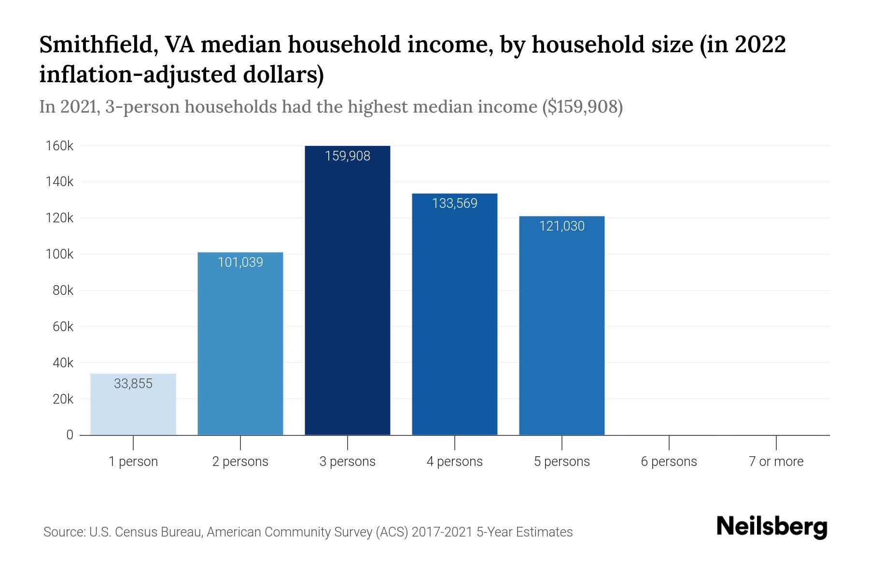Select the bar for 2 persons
click(x=240, y=348)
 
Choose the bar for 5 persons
click(x=562, y=329)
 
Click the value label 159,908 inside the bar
click(x=348, y=156)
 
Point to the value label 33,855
click(x=133, y=384)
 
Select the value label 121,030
click(x=562, y=226)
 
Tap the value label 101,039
click(x=240, y=262)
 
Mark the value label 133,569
click(x=455, y=203)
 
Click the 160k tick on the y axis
click(x=59, y=146)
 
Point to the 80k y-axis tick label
click(x=63, y=290)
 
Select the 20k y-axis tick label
click(x=63, y=399)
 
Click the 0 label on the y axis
click(x=70, y=435)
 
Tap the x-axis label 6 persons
click(x=669, y=462)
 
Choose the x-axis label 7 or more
click(x=776, y=462)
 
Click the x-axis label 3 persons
click(x=348, y=462)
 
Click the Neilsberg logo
click(x=772, y=527)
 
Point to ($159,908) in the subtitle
click(x=583, y=107)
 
